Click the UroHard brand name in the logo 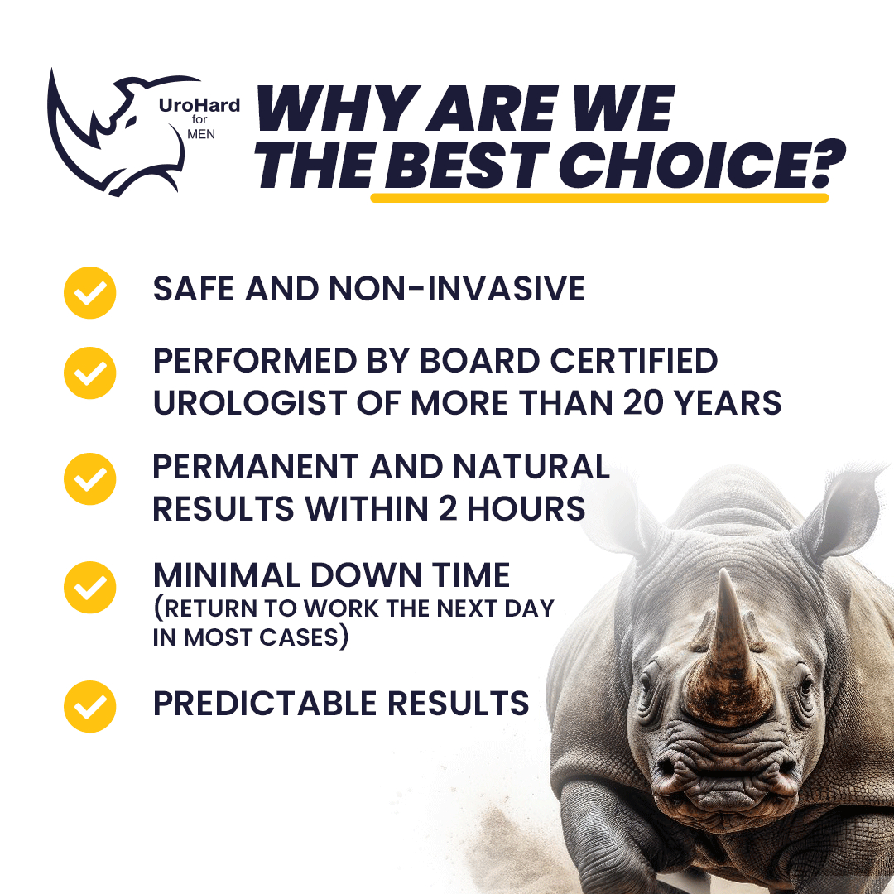(x=199, y=105)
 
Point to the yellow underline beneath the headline (x=599, y=198)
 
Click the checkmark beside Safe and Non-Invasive (x=89, y=292)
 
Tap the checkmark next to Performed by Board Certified (x=89, y=372)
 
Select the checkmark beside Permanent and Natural (x=89, y=479)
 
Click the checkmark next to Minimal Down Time (x=89, y=587)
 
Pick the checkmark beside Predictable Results (x=89, y=706)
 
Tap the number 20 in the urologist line (x=644, y=402)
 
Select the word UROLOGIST (x=250, y=402)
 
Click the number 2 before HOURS (x=448, y=508)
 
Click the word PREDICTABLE (x=265, y=703)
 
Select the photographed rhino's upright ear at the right (x=843, y=513)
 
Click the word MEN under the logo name (x=201, y=135)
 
